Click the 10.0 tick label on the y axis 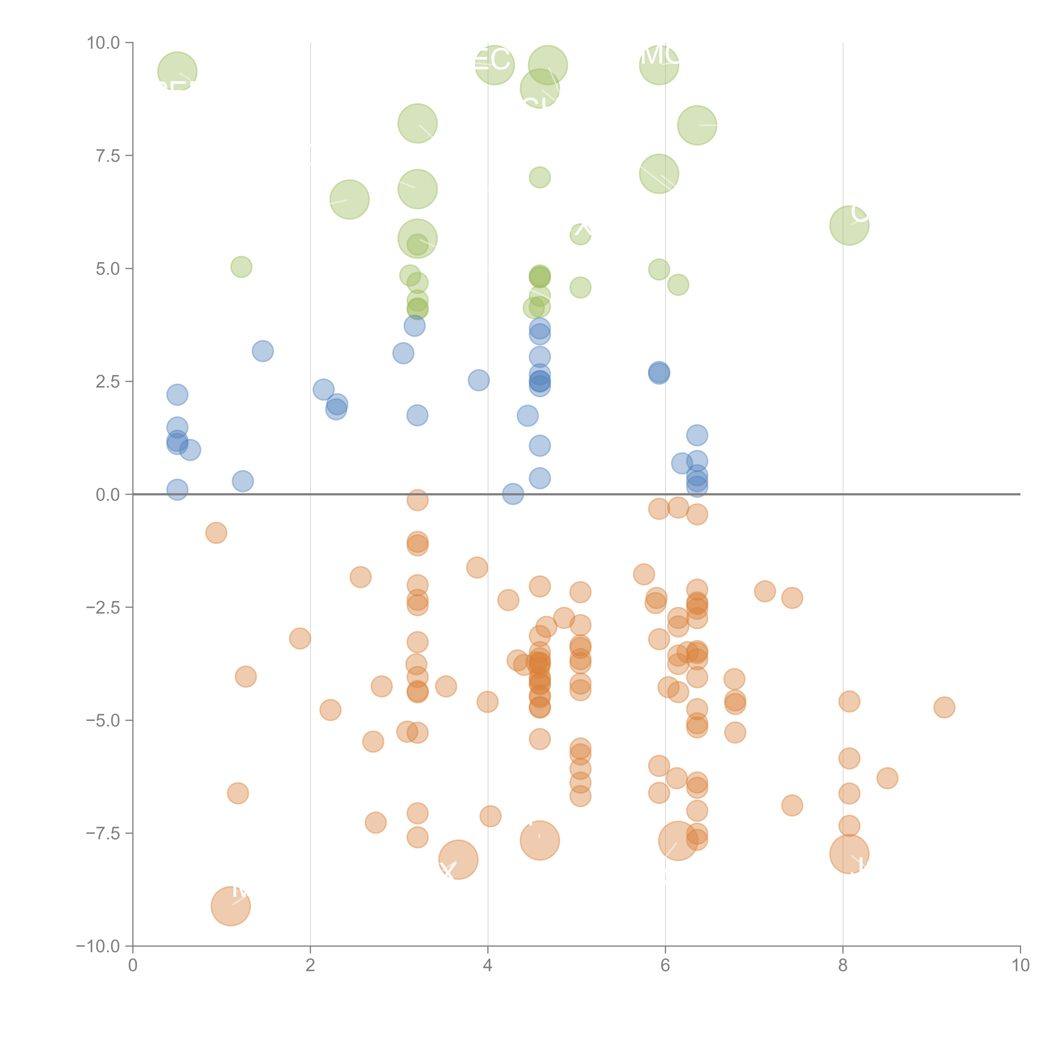[x=104, y=43]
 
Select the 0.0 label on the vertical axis [x=108, y=495]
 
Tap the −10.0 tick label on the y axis [x=98, y=946]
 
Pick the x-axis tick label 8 [x=843, y=966]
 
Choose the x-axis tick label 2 [x=310, y=966]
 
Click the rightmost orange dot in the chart [x=944, y=708]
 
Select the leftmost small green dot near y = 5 [x=241, y=267]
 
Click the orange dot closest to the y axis [x=216, y=533]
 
